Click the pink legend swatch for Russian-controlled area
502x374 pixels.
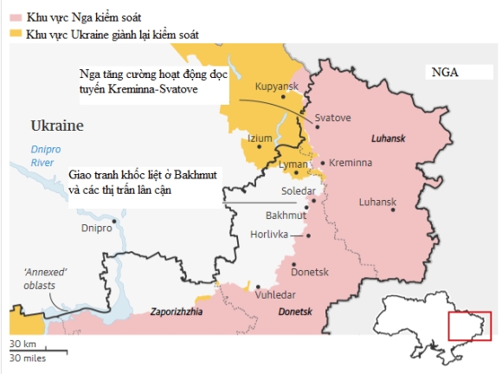click(16, 16)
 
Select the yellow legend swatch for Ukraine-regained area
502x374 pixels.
click(16, 33)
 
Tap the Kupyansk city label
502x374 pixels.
click(277, 87)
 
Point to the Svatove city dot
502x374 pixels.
click(313, 126)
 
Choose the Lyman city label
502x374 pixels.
click(294, 164)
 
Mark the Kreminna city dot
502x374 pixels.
click(322, 163)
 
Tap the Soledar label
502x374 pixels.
click(299, 190)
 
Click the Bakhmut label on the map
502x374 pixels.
click(286, 214)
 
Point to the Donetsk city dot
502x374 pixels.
click(295, 264)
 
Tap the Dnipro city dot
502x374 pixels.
click(113, 220)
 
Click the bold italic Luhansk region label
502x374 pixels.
click(388, 138)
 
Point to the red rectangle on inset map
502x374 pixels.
click(469, 326)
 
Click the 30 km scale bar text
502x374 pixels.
click(23, 343)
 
